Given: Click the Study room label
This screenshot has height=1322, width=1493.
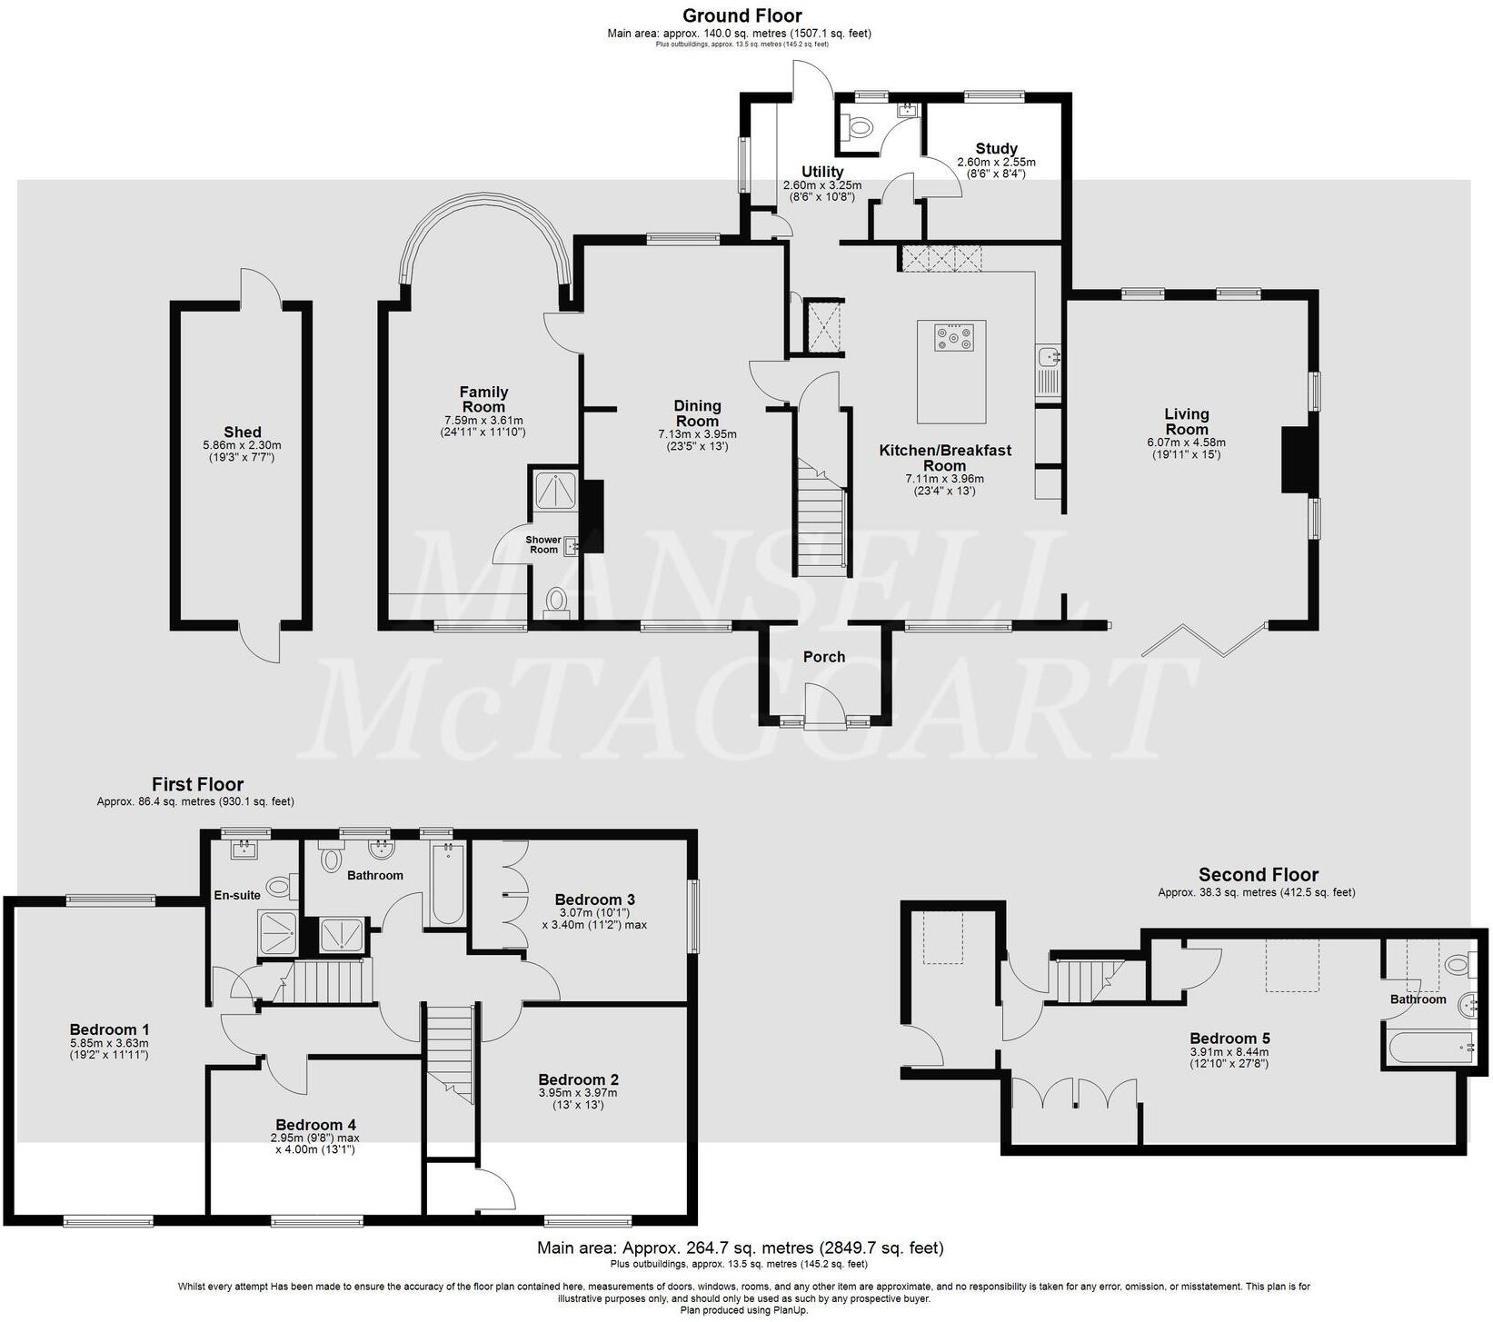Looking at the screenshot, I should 996,148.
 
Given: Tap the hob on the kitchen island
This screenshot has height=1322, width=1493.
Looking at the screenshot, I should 952,338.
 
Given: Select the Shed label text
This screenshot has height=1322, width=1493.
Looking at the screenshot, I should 242,432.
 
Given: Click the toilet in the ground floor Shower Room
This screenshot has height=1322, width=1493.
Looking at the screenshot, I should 556,601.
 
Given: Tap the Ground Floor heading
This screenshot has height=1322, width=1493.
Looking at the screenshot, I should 742,15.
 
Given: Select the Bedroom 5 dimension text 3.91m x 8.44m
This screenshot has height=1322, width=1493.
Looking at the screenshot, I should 1229,1051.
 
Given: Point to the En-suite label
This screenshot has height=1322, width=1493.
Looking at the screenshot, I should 237,895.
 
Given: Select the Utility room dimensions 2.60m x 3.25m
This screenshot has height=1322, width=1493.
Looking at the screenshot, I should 821,185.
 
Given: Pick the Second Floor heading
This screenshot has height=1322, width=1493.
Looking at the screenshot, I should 1258,874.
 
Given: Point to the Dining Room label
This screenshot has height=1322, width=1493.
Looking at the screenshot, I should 697,413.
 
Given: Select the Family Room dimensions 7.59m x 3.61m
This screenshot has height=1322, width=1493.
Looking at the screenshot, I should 483,421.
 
